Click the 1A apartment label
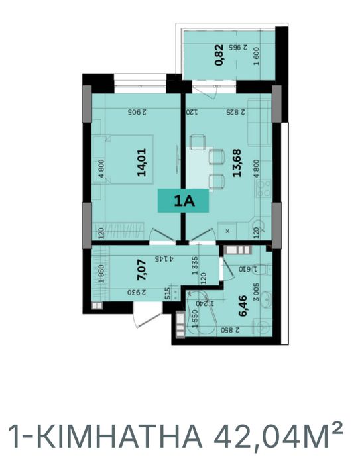182,199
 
